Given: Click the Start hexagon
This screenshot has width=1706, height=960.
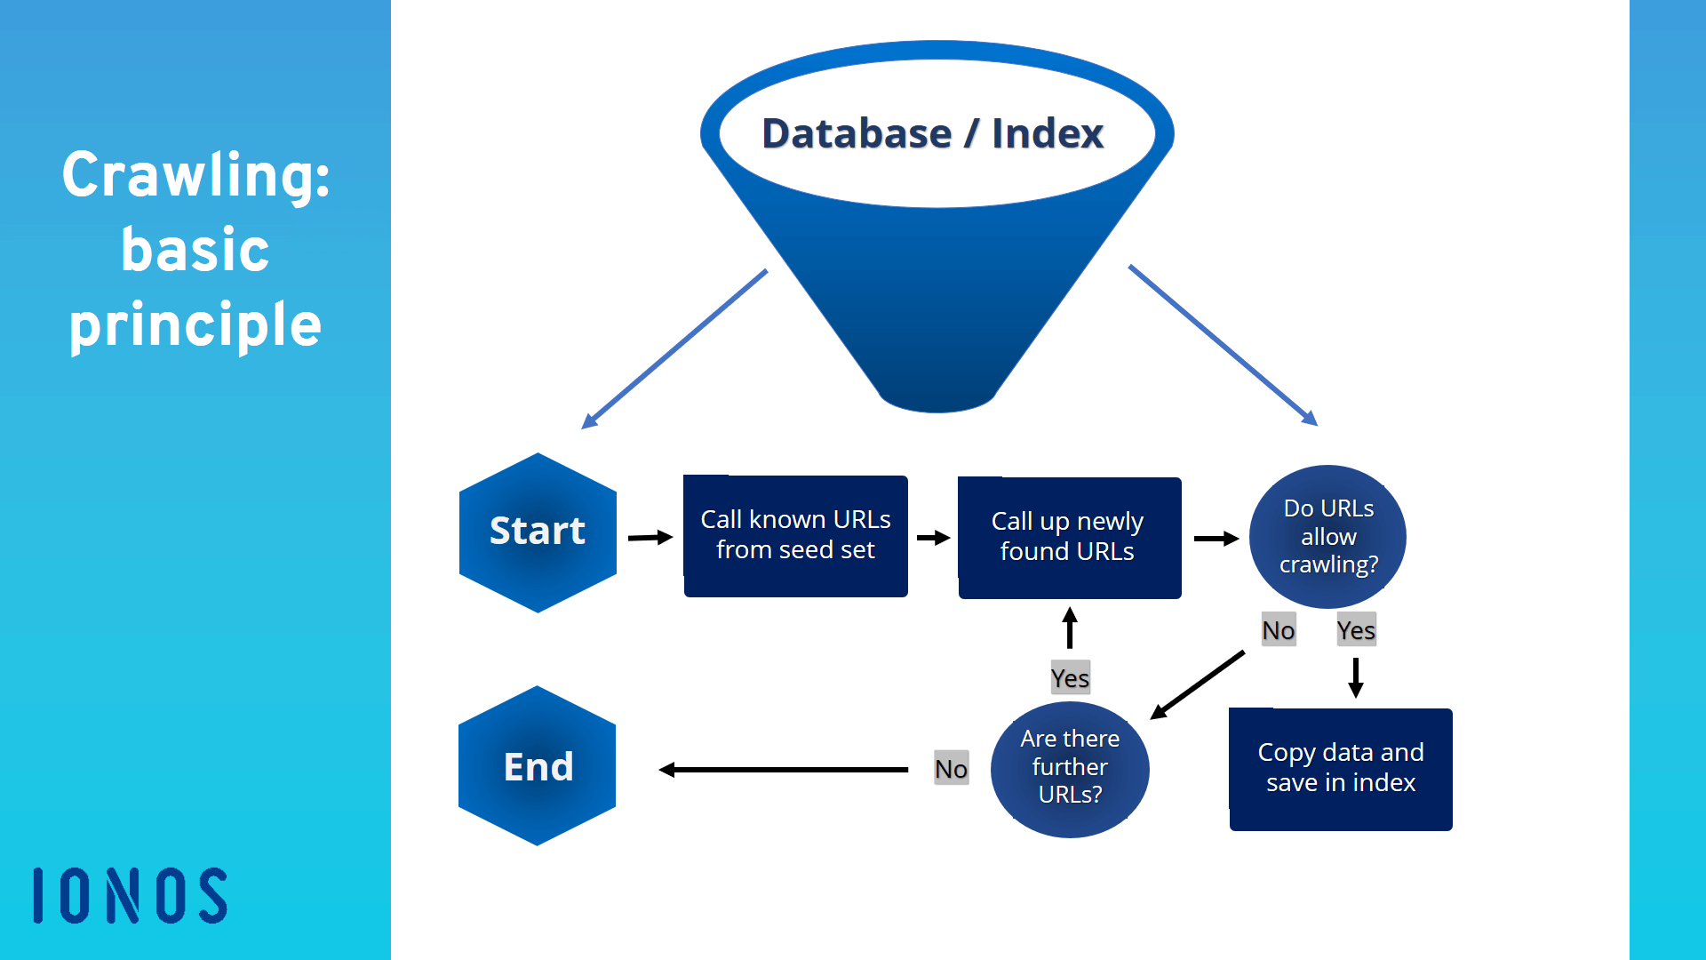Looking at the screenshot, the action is pyautogui.click(x=538, y=532).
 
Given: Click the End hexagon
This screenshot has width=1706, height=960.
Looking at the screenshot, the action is pyautogui.click(x=538, y=765).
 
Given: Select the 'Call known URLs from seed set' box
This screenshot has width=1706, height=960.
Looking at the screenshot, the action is pyautogui.click(x=795, y=536).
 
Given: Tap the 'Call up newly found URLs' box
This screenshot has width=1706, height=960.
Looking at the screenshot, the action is pyautogui.click(x=1070, y=538).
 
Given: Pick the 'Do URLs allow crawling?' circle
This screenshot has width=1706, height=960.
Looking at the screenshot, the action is pyautogui.click(x=1327, y=537).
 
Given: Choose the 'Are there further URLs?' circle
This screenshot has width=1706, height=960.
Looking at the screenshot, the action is pyautogui.click(x=1070, y=770).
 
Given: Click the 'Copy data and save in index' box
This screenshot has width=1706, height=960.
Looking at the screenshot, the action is pyautogui.click(x=1341, y=769).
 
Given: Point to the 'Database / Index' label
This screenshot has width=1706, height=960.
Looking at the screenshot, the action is pyautogui.click(x=933, y=133).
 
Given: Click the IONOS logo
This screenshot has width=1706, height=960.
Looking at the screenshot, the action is pyautogui.click(x=131, y=895).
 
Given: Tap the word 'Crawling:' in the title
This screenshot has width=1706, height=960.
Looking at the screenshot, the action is pyautogui.click(x=196, y=175).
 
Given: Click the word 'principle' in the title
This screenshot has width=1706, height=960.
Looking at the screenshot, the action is pyautogui.click(x=195, y=325).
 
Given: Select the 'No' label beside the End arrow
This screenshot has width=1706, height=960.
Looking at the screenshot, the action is pyautogui.click(x=951, y=769).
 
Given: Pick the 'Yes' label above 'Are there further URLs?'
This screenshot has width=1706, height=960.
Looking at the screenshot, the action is pyautogui.click(x=1070, y=678).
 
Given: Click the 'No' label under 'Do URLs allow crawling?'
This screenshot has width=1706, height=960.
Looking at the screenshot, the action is pyautogui.click(x=1279, y=630).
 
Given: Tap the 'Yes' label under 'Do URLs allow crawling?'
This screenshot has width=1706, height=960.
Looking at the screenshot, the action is pyautogui.click(x=1356, y=630).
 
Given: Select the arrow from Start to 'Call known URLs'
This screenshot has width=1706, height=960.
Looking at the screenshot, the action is pyautogui.click(x=650, y=537).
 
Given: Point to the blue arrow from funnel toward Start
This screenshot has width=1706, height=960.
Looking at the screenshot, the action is pyautogui.click(x=674, y=349).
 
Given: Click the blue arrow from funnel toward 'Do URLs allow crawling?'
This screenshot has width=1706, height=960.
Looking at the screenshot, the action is pyautogui.click(x=1224, y=345).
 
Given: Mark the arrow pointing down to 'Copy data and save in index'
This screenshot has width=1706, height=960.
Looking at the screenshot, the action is pyautogui.click(x=1356, y=678).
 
